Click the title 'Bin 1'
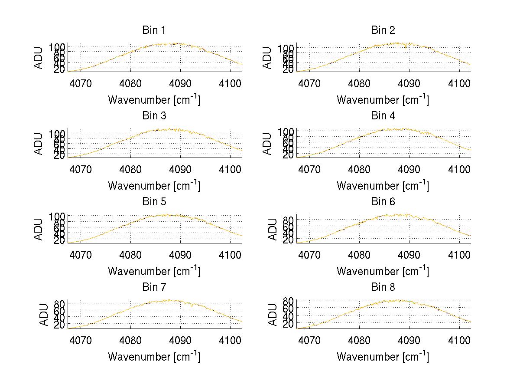tap(153, 30)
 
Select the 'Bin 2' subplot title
tap(383, 30)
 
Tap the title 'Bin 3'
tap(153, 116)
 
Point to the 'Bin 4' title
tap(383, 116)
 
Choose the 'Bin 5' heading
tap(153, 202)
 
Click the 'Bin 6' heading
tap(383, 202)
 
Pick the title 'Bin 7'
tap(153, 287)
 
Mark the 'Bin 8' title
tap(383, 287)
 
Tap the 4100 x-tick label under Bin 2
tap(459, 83)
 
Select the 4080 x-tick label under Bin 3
tap(130, 169)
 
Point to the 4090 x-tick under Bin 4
tap(409, 169)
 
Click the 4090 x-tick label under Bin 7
tap(180, 340)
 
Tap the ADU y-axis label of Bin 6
tap(273, 229)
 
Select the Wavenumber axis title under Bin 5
tap(154, 271)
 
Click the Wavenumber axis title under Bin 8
tap(383, 357)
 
